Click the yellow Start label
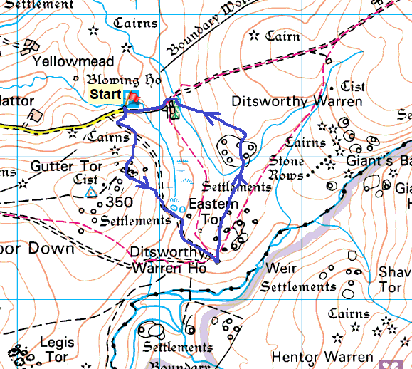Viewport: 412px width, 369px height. tap(105, 94)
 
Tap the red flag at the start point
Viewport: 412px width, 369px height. tap(132, 99)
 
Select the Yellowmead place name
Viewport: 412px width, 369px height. tap(63, 62)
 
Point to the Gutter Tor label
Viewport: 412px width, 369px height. tap(66, 167)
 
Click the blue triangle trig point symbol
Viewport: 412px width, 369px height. tap(91, 192)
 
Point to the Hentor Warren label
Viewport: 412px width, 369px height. tap(322, 356)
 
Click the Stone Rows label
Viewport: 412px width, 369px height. tap(287, 168)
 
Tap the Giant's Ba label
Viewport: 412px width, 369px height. tap(378, 162)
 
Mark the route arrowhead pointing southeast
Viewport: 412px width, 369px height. tap(145, 184)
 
